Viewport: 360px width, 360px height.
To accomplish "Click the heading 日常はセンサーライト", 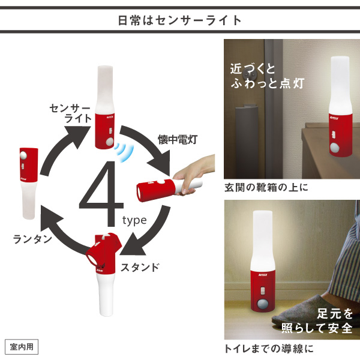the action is pos(179,20).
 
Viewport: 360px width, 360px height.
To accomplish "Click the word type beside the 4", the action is pos(134,220).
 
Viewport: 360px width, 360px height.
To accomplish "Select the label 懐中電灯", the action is pos(177,139).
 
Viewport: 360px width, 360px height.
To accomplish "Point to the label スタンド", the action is pos(140,267).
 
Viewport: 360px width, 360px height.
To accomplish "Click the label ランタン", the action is pos(33,239).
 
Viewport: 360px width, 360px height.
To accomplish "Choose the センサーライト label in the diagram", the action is pos(71,113).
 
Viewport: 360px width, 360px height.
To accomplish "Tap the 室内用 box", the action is pos(22,347).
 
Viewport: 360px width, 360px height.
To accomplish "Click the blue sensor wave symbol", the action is pos(124,152).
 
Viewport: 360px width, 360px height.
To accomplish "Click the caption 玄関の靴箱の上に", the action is pos(266,188).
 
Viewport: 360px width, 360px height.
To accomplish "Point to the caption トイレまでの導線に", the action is pos(269,349).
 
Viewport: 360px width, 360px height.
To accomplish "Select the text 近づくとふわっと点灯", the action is pos(268,76).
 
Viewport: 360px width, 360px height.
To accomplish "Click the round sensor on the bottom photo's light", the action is pos(262,305).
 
